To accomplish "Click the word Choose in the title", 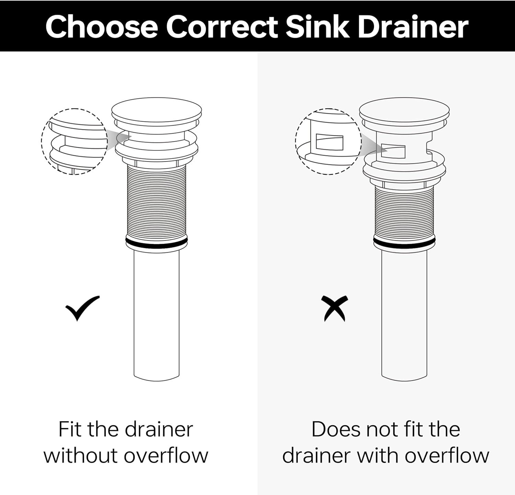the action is [x=101, y=27].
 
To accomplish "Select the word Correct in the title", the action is [x=222, y=27].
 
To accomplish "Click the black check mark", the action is [x=82, y=308].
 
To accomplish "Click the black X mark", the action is [x=334, y=309].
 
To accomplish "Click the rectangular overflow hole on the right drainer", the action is [x=393, y=151].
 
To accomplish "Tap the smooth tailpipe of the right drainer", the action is [x=404, y=314].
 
